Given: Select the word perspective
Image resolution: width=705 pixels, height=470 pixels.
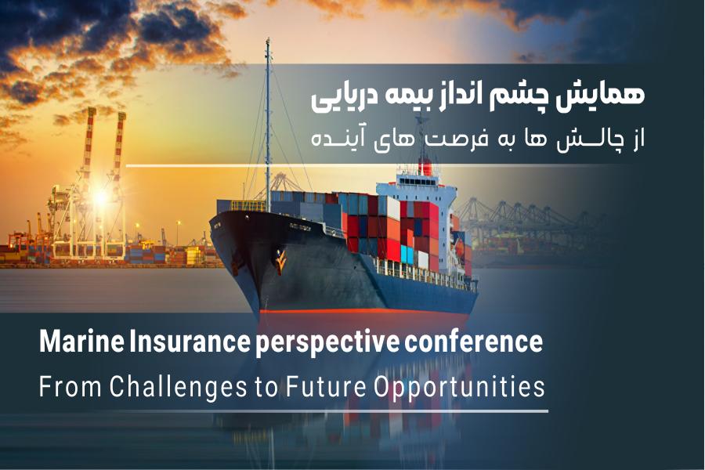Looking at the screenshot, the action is coord(327,344).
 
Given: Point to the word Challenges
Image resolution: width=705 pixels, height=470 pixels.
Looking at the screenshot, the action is coord(178,387).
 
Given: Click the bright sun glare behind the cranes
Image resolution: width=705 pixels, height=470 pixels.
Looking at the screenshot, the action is coord(99,197).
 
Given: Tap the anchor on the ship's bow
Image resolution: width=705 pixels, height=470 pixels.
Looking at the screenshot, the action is coord(280,262).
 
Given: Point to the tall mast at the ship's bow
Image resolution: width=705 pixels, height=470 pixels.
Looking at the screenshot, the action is coord(268,125).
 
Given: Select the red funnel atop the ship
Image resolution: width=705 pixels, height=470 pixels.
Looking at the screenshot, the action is coord(425,168).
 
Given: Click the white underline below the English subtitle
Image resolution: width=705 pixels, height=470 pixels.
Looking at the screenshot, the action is coord(294,411).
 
